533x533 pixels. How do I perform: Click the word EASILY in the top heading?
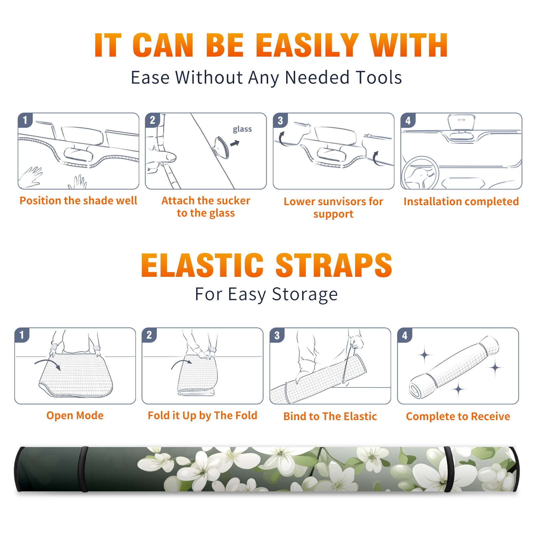[x=307, y=45]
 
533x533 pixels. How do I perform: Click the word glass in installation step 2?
[x=242, y=129]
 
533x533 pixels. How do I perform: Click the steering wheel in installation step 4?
[x=420, y=173]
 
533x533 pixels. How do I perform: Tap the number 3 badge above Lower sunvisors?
[x=280, y=120]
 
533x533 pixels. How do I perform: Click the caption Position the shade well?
[x=78, y=201]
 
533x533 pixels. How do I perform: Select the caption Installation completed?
[x=461, y=202]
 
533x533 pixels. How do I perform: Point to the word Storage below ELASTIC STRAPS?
[x=305, y=294]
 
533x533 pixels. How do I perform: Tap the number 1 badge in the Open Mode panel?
[x=22, y=335]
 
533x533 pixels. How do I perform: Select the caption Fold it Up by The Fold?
[x=203, y=415]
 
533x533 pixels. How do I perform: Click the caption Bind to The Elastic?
[x=330, y=416]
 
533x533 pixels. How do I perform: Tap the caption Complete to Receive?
[x=458, y=416]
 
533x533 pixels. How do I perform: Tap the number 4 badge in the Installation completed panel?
[x=408, y=120]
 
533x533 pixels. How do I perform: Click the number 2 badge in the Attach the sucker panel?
[x=153, y=120]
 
